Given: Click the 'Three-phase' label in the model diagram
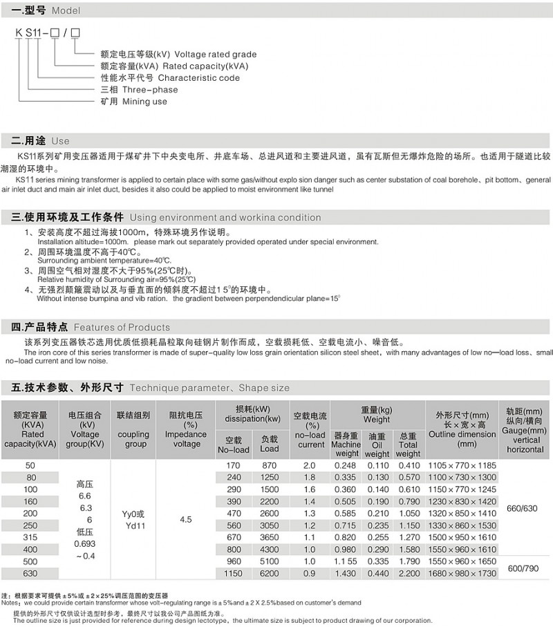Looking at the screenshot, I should point(139,90).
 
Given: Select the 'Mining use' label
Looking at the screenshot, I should point(134,102).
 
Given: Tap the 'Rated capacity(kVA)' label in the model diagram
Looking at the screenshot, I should point(174,66).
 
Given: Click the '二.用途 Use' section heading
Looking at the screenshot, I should point(41,141).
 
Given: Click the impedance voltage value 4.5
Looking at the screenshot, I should point(186,518).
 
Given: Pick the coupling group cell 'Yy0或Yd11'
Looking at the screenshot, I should point(133,518).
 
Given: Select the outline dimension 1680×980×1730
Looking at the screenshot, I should point(462,574).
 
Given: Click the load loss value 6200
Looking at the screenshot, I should point(270,574).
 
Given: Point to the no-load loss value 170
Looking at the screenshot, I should point(234,465).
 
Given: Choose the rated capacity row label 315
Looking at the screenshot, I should point(30,537).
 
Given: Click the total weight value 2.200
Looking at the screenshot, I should point(409,574).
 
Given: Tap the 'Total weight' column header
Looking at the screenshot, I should point(408,444).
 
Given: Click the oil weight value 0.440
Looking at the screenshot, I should point(377,574).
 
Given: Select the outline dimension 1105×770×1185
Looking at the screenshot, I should point(462,465).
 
